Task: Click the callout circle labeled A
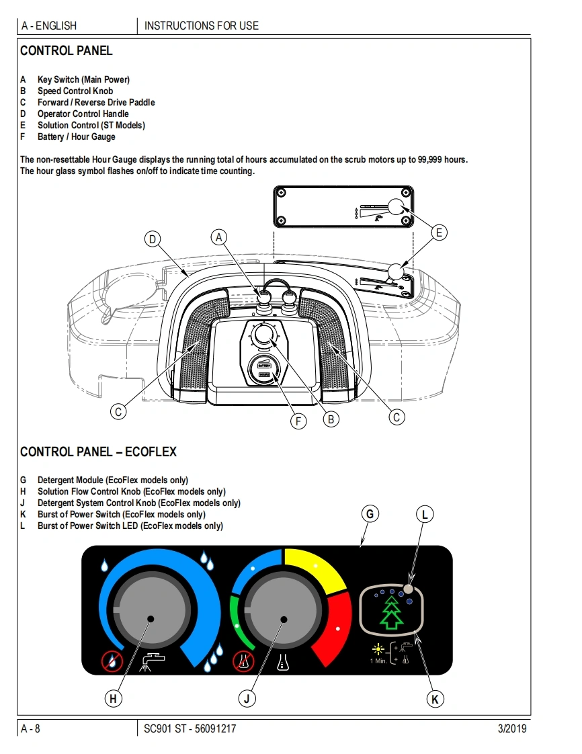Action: coord(218,237)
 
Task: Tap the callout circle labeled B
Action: coord(330,419)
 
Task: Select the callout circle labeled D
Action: coord(153,239)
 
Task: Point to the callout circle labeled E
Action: coord(438,233)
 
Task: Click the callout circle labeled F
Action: coord(298,421)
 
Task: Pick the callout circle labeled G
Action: coord(369,514)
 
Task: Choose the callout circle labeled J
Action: coord(247,699)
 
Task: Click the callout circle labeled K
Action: coord(435,699)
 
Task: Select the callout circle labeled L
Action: coord(424,515)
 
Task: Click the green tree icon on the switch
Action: coord(392,612)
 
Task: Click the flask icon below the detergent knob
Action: coord(282,663)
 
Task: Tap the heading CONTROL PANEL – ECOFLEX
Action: coord(98,452)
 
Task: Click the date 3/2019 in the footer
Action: coord(512,728)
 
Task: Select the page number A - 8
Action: coord(31,728)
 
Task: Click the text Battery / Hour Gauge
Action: coord(76,136)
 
